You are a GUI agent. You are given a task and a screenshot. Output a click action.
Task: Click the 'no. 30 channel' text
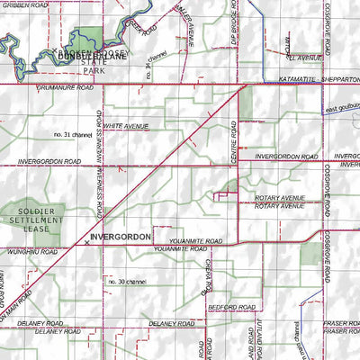click(127, 282)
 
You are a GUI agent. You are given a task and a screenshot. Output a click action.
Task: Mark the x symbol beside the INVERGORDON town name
click(86, 242)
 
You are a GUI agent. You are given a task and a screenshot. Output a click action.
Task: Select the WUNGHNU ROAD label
click(26, 253)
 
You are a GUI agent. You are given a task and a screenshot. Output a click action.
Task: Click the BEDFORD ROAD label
click(226, 307)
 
